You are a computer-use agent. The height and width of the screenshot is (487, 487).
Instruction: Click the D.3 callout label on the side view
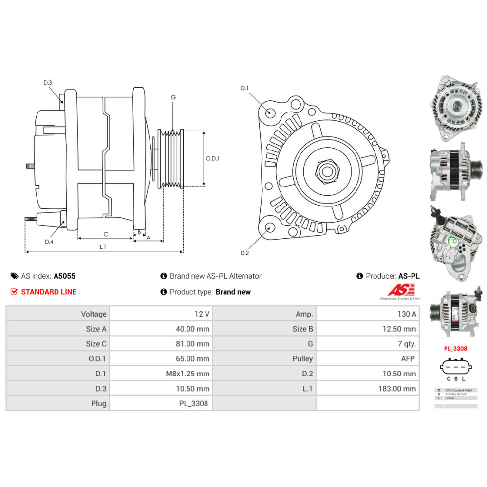point(47,83)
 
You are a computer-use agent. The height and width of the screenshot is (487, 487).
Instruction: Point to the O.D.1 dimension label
point(212,158)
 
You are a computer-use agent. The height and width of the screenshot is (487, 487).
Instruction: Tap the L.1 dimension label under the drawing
point(103,247)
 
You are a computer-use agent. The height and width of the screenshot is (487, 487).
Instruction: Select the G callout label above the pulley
point(173,97)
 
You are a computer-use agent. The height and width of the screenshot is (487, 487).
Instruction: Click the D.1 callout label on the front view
point(244,88)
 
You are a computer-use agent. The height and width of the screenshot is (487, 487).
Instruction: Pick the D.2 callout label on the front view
point(244,253)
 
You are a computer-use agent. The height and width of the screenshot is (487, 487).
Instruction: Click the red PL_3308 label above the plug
point(455,349)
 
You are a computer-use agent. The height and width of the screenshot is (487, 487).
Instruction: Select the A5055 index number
point(64,276)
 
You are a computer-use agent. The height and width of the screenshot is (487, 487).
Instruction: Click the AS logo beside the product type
point(399,291)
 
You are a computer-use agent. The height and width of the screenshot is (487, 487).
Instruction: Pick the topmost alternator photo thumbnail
point(454,106)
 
